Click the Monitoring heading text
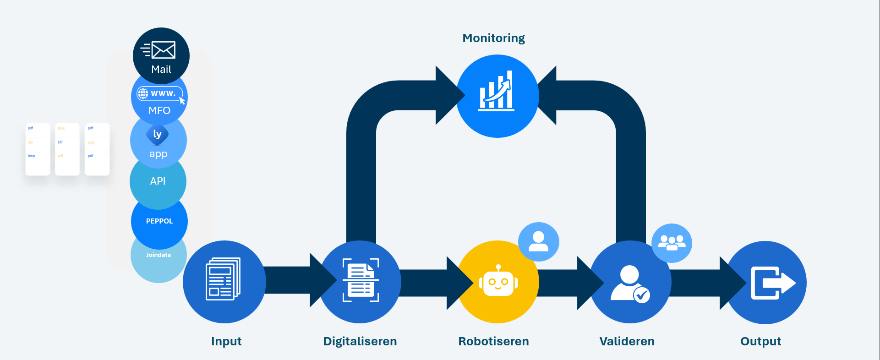[x=493, y=38]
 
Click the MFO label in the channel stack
[x=159, y=110]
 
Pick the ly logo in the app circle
[x=157, y=134]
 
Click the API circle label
[x=158, y=181]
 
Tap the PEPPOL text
[x=159, y=221]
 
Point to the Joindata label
[x=159, y=255]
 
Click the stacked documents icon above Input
[x=223, y=279]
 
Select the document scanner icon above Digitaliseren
[x=361, y=280]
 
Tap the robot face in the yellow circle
[x=498, y=281]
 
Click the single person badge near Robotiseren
[x=538, y=241]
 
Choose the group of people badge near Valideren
[x=672, y=242]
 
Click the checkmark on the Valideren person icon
[x=642, y=295]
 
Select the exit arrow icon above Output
[x=772, y=283]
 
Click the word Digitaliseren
[x=360, y=341]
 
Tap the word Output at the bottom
[x=760, y=341]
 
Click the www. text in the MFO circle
[x=163, y=93]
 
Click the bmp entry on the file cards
[x=32, y=156]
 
